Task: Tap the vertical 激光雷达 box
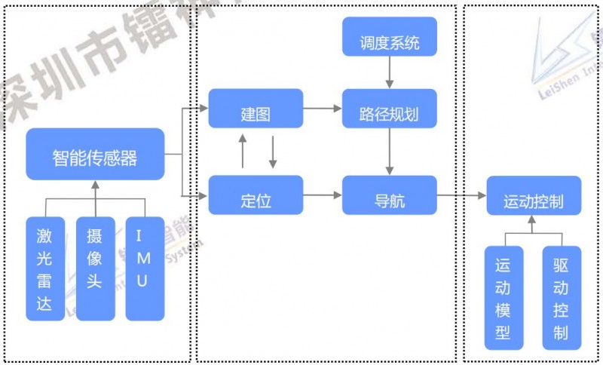[x=44, y=268]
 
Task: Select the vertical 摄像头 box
[x=95, y=268]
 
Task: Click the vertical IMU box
[x=144, y=268]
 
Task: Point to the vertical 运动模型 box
[x=503, y=298]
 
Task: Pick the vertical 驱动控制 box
[x=562, y=298]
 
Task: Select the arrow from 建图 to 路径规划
[x=323, y=109]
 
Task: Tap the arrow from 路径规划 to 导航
[x=390, y=152]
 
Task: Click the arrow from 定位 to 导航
[x=323, y=195]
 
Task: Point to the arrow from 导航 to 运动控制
[x=461, y=195]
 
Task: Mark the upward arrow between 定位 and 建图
[x=242, y=152]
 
